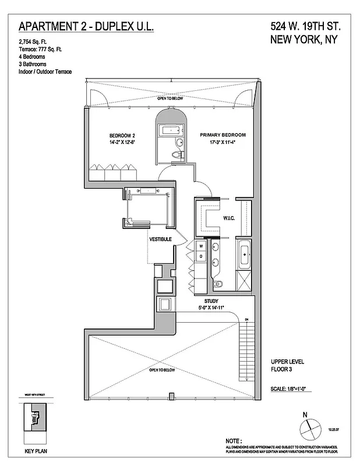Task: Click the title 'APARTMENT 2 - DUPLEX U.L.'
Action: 86,27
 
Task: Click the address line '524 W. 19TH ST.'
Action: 305,27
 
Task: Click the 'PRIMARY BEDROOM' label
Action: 223,135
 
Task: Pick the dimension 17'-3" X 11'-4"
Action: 223,142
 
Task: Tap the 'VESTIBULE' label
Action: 160,239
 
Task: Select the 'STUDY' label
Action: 211,301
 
